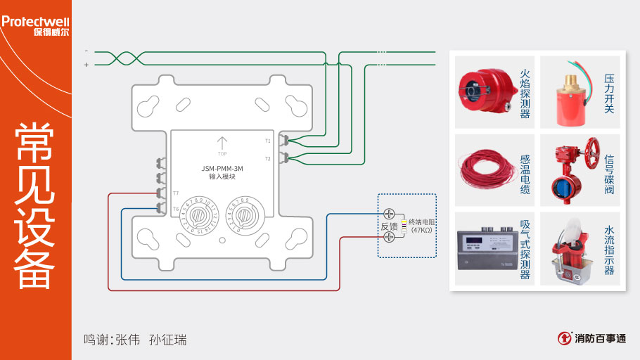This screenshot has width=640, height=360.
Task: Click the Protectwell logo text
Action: coord(35,21)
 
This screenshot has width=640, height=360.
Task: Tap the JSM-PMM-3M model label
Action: coord(222,168)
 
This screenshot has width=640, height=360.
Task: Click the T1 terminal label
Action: coord(267,141)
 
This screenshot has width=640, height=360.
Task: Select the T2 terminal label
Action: coord(267,159)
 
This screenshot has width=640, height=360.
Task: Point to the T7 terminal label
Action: coord(176,193)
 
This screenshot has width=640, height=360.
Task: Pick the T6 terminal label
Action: coord(176,209)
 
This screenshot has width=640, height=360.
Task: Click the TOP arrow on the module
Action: coord(222,144)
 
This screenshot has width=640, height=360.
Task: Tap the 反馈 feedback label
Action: coord(389,226)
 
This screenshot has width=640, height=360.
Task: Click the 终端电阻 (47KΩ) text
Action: coord(422,226)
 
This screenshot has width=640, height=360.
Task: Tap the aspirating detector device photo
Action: coord(485,250)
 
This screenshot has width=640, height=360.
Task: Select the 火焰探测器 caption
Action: coord(525,93)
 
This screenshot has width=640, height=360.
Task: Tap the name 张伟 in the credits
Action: coord(128,340)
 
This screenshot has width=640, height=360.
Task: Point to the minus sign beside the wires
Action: coord(87,51)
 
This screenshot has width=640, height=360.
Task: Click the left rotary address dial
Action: coord(198,217)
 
